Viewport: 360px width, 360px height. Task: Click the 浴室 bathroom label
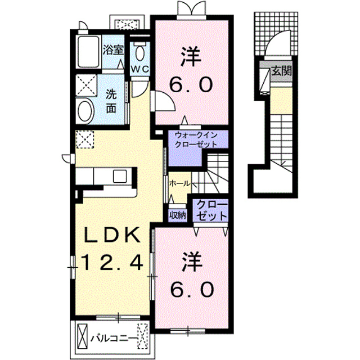(113, 50)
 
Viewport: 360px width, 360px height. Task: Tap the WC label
(140, 69)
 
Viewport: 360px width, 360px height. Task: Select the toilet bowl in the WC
(140, 53)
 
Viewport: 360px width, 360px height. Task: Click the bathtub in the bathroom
(88, 52)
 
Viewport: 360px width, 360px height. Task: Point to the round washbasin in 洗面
(85, 111)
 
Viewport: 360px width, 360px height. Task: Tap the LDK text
(112, 235)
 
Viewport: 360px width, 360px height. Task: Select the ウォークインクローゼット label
(196, 139)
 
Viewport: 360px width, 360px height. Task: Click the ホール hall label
(180, 183)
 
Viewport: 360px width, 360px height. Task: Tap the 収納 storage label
(178, 215)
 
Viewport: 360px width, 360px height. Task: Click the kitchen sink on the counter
(120, 176)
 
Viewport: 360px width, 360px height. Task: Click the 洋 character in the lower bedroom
(192, 263)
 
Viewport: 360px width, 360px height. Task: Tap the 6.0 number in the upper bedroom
(191, 84)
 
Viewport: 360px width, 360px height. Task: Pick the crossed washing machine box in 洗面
(86, 84)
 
